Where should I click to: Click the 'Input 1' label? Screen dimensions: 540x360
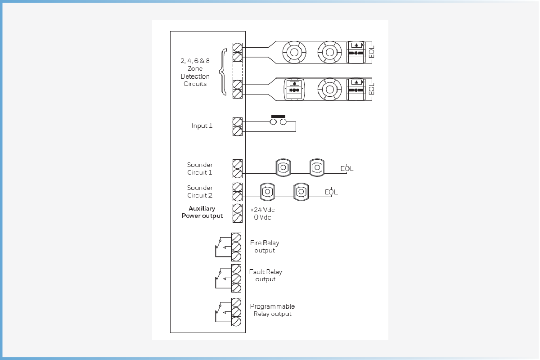(202, 126)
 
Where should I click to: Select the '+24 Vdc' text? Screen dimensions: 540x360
(262, 210)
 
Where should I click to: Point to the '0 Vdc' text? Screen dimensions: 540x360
(262, 217)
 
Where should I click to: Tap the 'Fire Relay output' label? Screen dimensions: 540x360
(265, 247)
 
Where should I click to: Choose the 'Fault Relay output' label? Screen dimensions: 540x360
(265, 275)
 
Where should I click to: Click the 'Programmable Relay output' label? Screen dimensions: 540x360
(272, 310)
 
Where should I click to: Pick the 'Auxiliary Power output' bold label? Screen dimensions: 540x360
(202, 212)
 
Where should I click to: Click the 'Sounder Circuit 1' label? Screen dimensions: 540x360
(200, 169)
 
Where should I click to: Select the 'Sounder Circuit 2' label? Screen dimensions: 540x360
(200, 191)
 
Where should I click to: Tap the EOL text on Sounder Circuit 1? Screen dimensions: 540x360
(347, 169)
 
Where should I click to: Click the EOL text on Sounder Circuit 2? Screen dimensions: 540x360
(331, 192)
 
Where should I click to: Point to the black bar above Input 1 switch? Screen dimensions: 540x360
(278, 116)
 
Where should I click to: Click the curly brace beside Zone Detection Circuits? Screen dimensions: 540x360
(223, 72)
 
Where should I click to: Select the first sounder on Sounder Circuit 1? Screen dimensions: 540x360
(283, 167)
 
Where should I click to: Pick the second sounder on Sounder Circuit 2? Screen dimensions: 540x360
(301, 192)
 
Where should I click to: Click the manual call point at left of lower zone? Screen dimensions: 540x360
(294, 90)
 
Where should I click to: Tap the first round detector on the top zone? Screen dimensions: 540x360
(294, 52)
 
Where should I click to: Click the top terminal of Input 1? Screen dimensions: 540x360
(238, 122)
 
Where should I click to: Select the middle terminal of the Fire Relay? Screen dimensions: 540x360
(236, 247)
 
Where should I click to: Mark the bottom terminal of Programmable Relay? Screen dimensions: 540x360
(236, 321)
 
